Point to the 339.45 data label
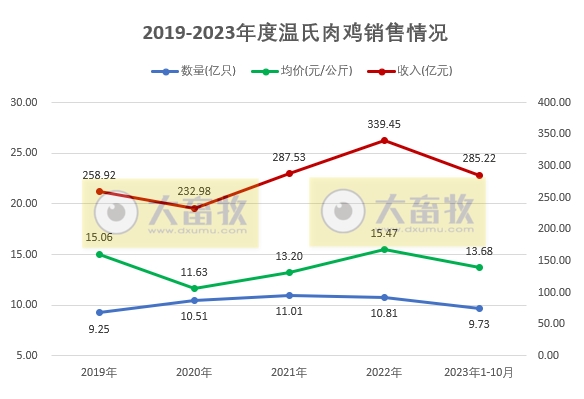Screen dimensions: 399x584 385,124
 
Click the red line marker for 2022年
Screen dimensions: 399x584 385,140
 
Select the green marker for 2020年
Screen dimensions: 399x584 194,288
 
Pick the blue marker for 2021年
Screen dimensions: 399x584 289,295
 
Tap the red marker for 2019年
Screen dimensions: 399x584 99,191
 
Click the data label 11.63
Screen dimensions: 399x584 194,271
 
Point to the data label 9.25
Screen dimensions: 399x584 99,327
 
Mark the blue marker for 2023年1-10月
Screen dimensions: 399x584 479,308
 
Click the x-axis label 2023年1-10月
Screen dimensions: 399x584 479,373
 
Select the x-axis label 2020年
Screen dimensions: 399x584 194,373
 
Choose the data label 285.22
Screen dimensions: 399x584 479,159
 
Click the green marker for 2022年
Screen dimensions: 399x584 385,249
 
